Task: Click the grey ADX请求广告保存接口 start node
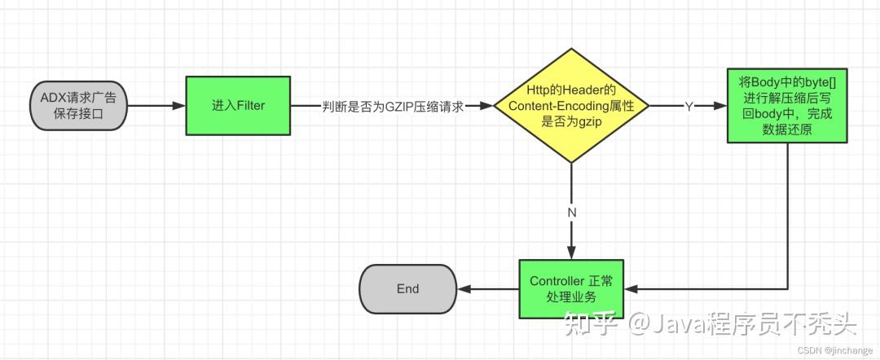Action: coord(78,106)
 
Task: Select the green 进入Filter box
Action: coord(238,106)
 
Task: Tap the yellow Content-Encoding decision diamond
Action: coord(572,106)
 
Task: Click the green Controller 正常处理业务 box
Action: coord(571,289)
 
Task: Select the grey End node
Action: coord(407,289)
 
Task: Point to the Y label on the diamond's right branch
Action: coord(689,106)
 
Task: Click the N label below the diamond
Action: coord(572,212)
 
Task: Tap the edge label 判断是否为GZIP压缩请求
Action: coord(393,106)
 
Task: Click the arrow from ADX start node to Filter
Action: coord(156,106)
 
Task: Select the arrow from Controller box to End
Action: coord(487,289)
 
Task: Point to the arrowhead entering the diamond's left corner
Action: coord(488,106)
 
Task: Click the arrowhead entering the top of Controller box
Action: coord(572,253)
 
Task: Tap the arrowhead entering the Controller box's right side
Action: coord(631,289)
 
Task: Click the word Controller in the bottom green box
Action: coord(557,282)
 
